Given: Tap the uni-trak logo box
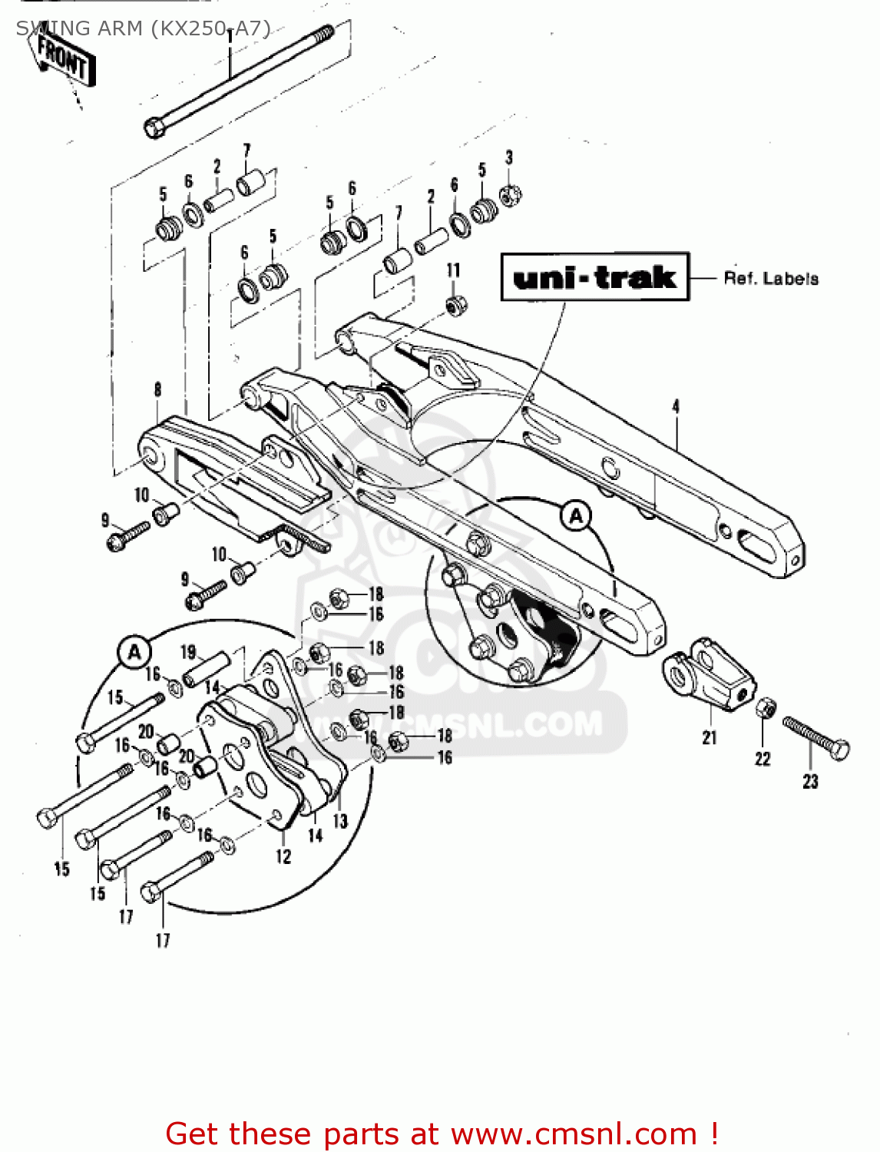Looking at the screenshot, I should click(x=594, y=276).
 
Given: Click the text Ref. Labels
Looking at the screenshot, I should click(x=770, y=278).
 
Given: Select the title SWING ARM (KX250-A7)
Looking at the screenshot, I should click(x=143, y=28).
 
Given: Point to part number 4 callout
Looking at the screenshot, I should click(x=676, y=406).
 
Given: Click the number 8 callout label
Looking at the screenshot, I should click(x=157, y=389).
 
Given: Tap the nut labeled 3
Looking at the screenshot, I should click(x=510, y=195).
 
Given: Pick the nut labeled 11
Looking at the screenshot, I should click(x=455, y=304).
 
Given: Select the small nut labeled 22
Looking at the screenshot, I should click(x=765, y=708).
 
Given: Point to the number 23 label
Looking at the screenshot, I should click(x=810, y=781).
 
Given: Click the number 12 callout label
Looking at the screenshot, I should click(x=283, y=856).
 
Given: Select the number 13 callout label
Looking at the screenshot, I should click(x=340, y=821).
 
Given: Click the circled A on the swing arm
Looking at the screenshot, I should click(x=576, y=515).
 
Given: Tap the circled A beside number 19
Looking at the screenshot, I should click(x=134, y=653).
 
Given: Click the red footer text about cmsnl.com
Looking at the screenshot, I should click(x=442, y=1134).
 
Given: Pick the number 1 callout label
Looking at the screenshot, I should click(x=230, y=36).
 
